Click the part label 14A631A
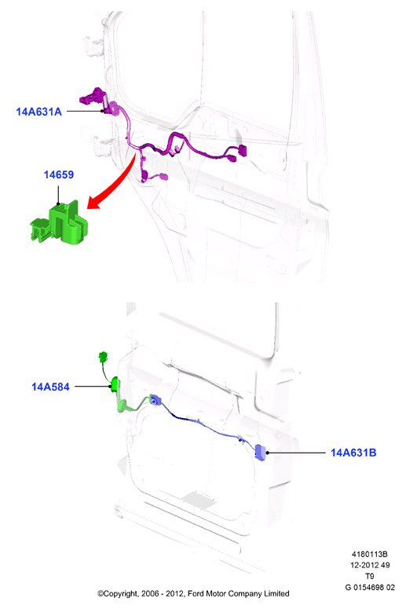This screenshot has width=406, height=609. (38, 112)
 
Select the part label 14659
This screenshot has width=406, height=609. (59, 174)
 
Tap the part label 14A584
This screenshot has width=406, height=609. (50, 387)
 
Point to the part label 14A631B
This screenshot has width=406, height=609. (353, 453)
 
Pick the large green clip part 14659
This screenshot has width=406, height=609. (60, 223)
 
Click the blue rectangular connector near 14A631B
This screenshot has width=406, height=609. (260, 453)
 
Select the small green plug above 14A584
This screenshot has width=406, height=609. (103, 356)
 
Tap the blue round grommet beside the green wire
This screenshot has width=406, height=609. (155, 400)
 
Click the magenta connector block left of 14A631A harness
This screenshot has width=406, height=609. (92, 97)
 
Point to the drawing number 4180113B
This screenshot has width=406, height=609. (370, 554)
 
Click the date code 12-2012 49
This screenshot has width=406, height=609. (370, 565)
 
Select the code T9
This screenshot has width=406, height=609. (370, 576)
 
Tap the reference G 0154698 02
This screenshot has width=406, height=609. (370, 587)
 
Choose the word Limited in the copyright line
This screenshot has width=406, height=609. (276, 593)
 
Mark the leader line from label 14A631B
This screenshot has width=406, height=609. (297, 453)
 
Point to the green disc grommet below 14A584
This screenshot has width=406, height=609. (123, 406)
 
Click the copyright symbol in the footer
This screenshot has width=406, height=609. (101, 593)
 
